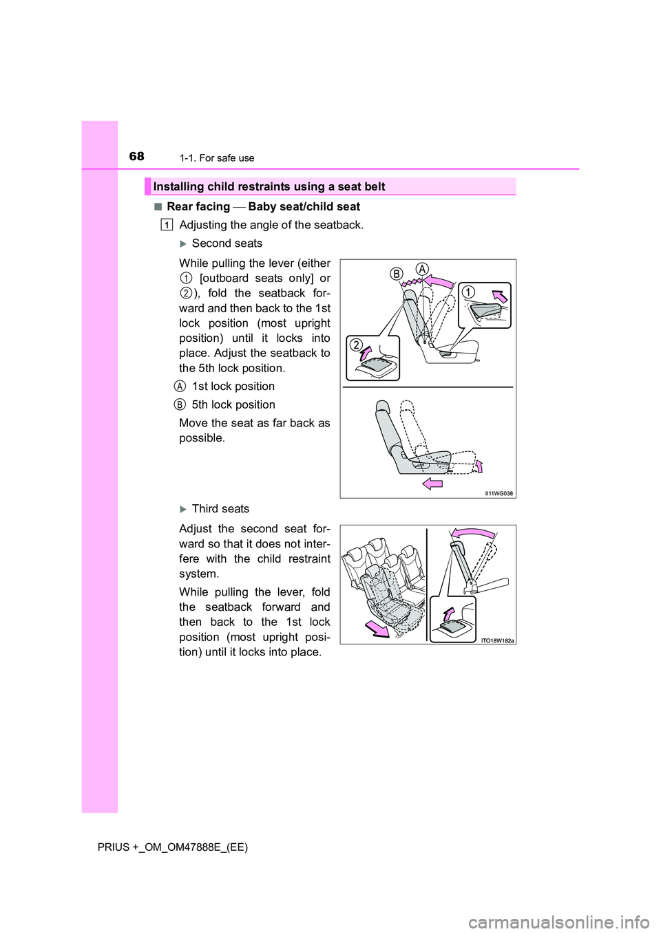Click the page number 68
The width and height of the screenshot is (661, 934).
[137, 156]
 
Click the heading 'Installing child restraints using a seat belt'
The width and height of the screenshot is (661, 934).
[269, 186]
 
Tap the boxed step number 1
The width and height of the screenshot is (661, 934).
[167, 225]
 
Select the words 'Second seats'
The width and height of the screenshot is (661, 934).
[227, 243]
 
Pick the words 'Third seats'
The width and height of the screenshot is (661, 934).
[220, 509]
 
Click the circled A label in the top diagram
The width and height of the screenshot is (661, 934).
[422, 269]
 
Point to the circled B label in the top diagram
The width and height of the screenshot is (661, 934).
[397, 274]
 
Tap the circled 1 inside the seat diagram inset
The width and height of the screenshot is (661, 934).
[468, 292]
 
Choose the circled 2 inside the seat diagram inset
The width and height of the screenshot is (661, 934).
[357, 345]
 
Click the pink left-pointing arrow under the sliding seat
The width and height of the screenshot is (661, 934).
[432, 484]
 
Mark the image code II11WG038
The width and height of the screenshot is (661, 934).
[499, 493]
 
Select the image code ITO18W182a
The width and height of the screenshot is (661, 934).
[497, 640]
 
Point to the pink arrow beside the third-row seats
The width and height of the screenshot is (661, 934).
[377, 629]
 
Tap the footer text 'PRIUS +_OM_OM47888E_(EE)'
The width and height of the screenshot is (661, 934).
[173, 847]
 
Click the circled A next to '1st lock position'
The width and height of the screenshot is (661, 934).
[180, 387]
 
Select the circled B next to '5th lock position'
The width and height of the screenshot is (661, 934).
[180, 405]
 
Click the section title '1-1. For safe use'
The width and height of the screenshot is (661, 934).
[217, 158]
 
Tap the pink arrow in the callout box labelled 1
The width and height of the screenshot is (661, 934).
[500, 296]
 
